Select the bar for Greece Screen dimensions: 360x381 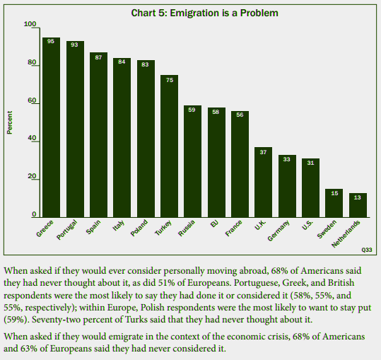(51, 127)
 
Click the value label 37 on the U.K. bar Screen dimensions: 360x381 (263, 151)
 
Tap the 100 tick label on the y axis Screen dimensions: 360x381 (30, 25)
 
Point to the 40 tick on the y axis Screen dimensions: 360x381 (32, 139)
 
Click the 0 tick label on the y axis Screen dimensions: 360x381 (34, 214)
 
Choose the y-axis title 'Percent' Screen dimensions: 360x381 (10, 122)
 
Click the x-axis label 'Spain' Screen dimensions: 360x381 (93, 232)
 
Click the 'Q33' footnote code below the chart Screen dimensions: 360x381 (365, 250)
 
